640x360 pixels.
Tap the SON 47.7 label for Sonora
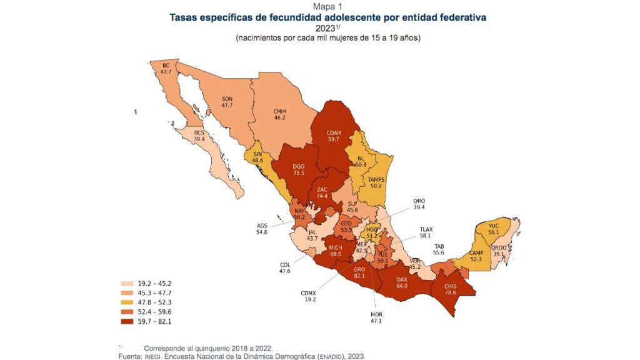[x=227, y=102]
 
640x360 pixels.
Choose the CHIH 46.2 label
[x=279, y=113]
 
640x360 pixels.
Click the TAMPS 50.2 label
[x=376, y=182]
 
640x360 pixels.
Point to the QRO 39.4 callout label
[x=419, y=204]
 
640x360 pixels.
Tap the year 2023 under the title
[x=324, y=28]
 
